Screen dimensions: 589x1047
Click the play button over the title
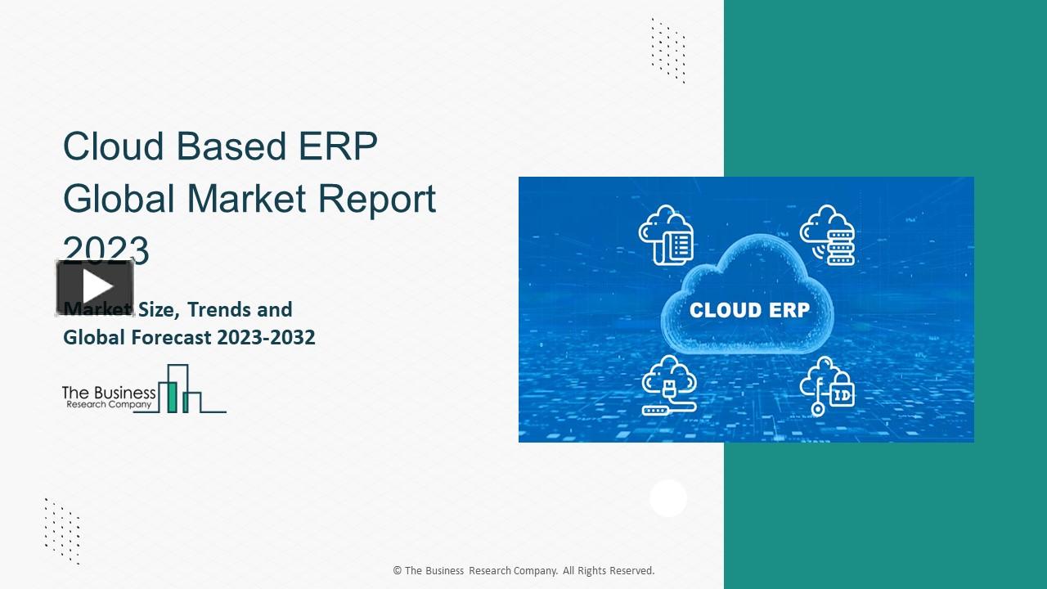pos(96,287)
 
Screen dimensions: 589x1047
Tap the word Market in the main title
pos(246,199)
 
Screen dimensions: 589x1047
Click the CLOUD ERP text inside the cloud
pos(749,311)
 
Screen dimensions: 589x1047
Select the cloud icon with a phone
pos(667,235)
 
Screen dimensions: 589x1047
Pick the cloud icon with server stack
pos(827,235)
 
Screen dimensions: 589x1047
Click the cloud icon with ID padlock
pos(827,386)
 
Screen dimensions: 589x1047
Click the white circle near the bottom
pos(668,498)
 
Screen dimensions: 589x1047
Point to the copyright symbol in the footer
pos(398,571)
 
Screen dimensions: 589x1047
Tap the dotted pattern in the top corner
pos(668,50)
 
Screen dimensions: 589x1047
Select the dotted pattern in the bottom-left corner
pos(62,530)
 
